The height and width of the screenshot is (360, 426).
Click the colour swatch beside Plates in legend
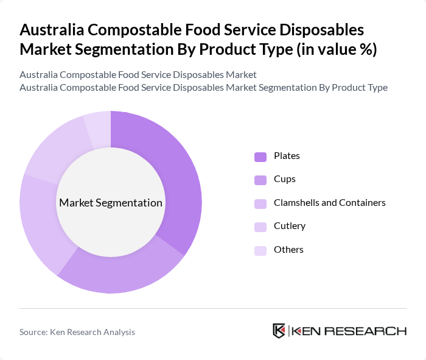[x=260, y=157]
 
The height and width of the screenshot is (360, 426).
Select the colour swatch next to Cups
[x=260, y=180]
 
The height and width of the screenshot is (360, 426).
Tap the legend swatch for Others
[x=260, y=250]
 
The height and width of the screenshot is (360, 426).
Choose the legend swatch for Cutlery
[x=260, y=227]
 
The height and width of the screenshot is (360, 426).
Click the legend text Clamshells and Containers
[x=330, y=203]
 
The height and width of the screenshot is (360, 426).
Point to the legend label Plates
[x=287, y=156]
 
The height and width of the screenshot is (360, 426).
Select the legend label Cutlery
[x=290, y=226]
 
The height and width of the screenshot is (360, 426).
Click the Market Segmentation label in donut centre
[x=111, y=203]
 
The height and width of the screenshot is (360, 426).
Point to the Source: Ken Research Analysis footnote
[x=77, y=332]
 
